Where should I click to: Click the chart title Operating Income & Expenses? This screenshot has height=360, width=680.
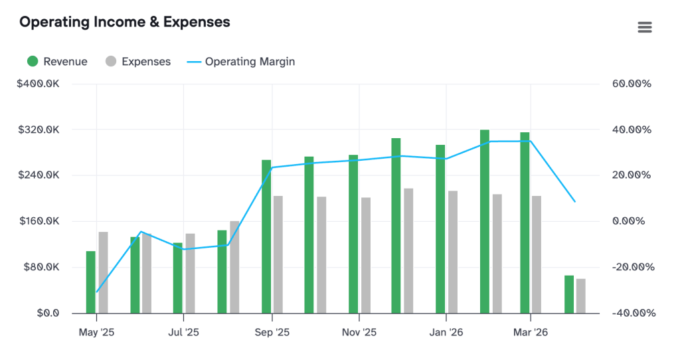[x=125, y=22]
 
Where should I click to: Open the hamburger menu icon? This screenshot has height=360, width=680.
[x=644, y=27]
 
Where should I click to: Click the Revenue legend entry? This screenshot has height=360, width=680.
[x=57, y=62]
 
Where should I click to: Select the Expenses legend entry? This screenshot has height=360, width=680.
[x=138, y=62]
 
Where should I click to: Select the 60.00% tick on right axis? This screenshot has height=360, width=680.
[x=631, y=84]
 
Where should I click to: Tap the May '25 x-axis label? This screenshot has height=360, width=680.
[x=96, y=332]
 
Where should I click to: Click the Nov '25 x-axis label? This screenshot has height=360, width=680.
[x=359, y=332]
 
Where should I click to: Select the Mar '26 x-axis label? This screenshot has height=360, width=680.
[x=530, y=332]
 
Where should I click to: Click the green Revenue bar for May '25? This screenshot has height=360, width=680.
[x=91, y=282]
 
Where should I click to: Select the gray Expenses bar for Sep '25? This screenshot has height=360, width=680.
[x=278, y=254]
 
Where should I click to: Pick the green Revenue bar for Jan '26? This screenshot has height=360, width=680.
[x=440, y=229]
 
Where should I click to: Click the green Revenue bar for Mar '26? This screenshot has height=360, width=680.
[x=525, y=223]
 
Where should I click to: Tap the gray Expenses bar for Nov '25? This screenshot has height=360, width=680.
[x=366, y=255]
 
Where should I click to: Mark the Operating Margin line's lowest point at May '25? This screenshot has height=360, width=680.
[x=97, y=292]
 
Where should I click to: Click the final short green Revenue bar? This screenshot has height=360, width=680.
[x=569, y=294]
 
